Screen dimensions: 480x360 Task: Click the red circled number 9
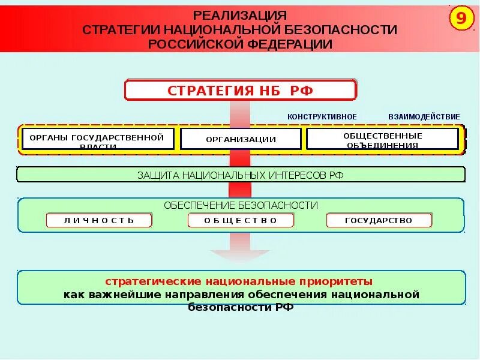(461, 19)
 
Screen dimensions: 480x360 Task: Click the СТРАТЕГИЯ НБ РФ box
(240, 91)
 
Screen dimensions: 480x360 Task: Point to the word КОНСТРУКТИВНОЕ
(322, 116)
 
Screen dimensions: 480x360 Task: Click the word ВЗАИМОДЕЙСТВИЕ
(424, 116)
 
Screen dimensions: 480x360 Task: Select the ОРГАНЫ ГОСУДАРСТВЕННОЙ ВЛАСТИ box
(98, 139)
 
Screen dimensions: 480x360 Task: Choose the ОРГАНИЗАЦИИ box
(241, 140)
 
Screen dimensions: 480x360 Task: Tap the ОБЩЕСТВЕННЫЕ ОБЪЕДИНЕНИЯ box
(382, 139)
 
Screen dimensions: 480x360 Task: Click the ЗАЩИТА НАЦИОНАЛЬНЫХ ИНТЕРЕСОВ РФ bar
(240, 175)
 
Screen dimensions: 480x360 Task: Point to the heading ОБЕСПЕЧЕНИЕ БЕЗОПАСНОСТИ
(241, 205)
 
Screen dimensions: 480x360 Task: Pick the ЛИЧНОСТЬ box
(99, 220)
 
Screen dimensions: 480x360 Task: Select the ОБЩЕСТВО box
(241, 220)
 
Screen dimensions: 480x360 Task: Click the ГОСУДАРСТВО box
(379, 220)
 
